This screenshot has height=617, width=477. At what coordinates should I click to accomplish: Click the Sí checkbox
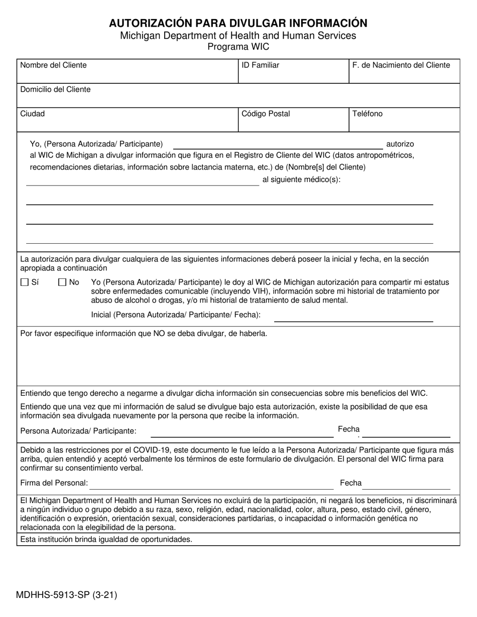(25, 282)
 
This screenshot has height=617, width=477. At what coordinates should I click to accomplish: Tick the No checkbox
(63, 282)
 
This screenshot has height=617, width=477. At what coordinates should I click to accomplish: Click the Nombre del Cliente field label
(53, 65)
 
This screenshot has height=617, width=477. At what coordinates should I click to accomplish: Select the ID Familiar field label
(260, 65)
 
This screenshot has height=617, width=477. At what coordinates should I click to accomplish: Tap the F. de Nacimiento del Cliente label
(401, 65)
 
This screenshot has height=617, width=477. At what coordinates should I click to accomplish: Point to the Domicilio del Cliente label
(55, 89)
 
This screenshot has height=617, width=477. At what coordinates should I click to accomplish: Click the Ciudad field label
(32, 114)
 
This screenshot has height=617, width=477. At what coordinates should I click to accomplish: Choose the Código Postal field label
(266, 114)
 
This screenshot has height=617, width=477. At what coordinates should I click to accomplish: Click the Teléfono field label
(367, 114)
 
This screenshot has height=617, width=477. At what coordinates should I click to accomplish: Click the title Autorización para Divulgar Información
(238, 23)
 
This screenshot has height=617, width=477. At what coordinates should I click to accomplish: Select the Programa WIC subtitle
(238, 47)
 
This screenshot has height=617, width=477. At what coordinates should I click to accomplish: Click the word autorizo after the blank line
(400, 144)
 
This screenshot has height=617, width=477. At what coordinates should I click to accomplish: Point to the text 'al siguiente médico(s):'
(301, 180)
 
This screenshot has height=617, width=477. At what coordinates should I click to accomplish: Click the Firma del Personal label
(54, 483)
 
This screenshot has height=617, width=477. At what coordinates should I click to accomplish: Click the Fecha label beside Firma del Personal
(350, 483)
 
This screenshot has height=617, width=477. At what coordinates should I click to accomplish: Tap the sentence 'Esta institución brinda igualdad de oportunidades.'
(106, 540)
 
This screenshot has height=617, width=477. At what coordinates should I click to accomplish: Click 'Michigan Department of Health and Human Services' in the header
(238, 36)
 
